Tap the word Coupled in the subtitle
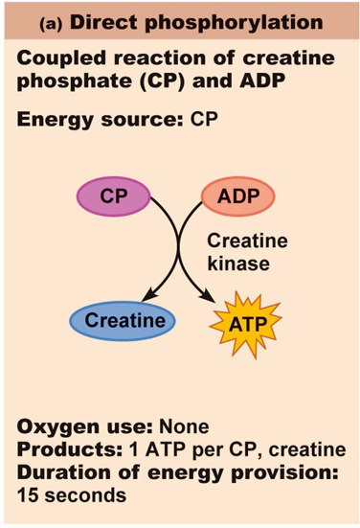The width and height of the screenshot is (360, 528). click(55, 59)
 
